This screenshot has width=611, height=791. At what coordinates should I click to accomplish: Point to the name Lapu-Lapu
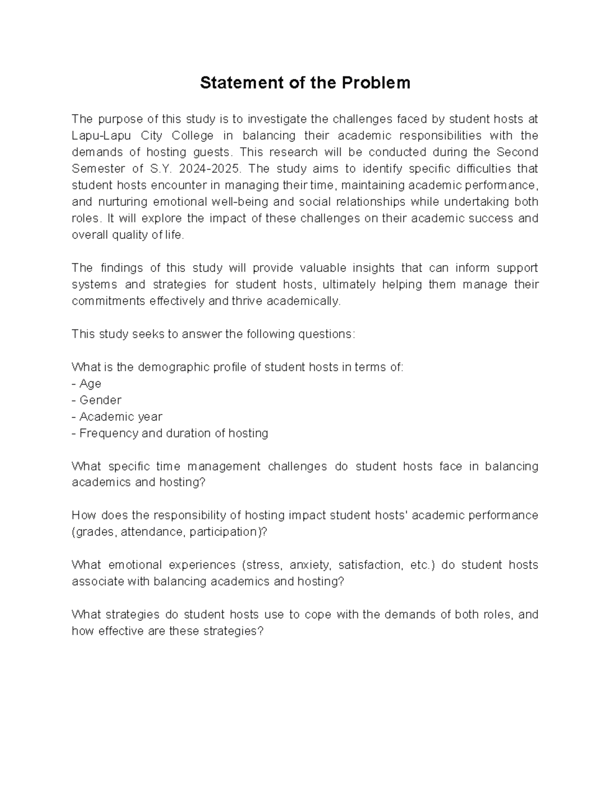click(102, 136)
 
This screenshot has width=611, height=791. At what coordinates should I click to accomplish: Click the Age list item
click(90, 384)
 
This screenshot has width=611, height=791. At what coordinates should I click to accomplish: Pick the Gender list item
click(100, 400)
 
